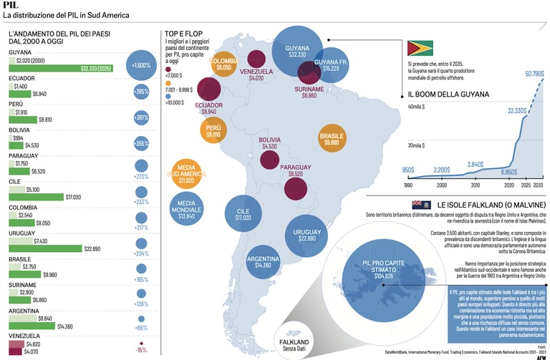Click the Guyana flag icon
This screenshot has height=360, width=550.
point(420,49)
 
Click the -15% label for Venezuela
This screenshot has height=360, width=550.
point(141,350)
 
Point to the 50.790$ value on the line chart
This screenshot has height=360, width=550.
point(534,74)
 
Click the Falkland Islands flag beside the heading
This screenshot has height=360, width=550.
point(428,204)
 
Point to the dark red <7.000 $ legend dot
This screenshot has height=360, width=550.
point(168,69)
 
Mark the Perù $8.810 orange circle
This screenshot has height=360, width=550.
point(213,131)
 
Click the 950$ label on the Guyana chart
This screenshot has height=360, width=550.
point(408,170)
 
